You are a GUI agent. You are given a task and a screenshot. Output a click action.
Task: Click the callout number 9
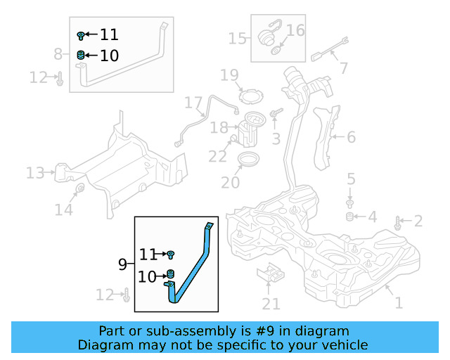(x=122, y=265)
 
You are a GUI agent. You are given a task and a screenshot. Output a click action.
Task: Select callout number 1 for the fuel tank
(x=399, y=303)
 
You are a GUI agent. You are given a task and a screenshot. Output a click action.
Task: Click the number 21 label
(x=271, y=304)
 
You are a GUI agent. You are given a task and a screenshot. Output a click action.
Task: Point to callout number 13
(x=35, y=172)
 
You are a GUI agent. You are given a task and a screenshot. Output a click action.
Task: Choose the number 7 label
(x=343, y=68)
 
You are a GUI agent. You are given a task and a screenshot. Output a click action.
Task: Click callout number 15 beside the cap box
(x=237, y=37)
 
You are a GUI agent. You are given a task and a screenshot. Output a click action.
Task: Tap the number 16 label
(x=295, y=30)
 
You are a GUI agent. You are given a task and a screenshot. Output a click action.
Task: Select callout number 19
(x=229, y=75)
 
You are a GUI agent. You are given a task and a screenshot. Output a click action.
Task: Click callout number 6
(x=350, y=138)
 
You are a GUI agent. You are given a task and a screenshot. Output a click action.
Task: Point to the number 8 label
(x=58, y=53)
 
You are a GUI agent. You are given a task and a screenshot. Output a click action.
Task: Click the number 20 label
(x=231, y=183)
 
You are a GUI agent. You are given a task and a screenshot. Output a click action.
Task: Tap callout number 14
(x=64, y=210)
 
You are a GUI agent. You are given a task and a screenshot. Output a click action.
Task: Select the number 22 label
(x=218, y=155)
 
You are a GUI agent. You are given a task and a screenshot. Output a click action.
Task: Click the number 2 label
(x=418, y=222)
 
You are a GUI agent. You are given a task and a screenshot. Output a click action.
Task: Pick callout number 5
(x=351, y=179)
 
